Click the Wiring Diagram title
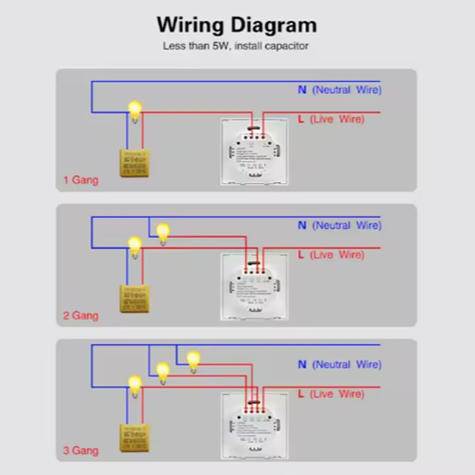point(237,25)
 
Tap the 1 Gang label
point(81,180)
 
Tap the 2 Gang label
point(81,315)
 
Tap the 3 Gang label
point(81,450)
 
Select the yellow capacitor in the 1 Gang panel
point(134,163)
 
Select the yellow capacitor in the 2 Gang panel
point(134,298)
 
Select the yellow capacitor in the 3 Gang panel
point(134,437)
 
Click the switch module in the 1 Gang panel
point(254,152)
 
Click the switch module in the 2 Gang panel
point(254,287)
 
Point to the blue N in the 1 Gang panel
point(302,90)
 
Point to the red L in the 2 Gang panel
point(301,255)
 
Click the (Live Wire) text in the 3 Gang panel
point(337,394)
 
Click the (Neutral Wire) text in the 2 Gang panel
point(346,226)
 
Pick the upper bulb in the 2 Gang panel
point(163,233)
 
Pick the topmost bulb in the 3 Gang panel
point(193,361)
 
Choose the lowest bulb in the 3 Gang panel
point(135,385)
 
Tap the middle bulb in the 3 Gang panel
point(163,372)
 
